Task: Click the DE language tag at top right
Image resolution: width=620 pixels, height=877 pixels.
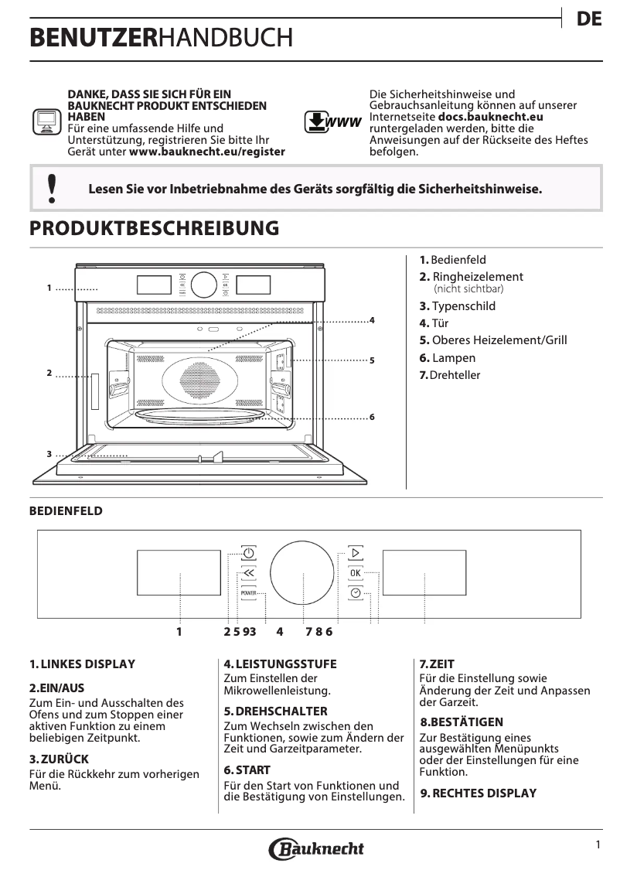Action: point(589,20)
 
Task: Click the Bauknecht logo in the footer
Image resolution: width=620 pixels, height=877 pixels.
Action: point(316,848)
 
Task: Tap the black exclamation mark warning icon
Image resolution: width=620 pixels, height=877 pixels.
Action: point(52,188)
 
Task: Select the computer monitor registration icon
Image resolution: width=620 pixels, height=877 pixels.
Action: point(46,123)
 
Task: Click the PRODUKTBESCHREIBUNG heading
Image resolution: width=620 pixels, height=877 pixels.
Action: point(154,228)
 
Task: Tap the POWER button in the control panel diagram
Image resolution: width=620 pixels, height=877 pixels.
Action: point(248,593)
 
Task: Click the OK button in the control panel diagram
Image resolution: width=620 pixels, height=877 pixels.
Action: point(355,573)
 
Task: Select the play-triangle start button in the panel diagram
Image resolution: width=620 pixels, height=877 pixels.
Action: point(355,553)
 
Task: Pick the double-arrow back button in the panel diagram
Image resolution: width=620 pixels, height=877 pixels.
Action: point(248,573)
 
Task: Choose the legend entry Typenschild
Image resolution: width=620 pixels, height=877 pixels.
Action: point(458,306)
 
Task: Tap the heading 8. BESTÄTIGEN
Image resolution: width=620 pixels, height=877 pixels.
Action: point(462,722)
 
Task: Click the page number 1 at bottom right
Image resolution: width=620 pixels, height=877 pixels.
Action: point(598,845)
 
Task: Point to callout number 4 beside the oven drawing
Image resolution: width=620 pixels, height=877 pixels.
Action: point(372,319)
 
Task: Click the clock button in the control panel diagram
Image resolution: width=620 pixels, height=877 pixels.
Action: point(355,593)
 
